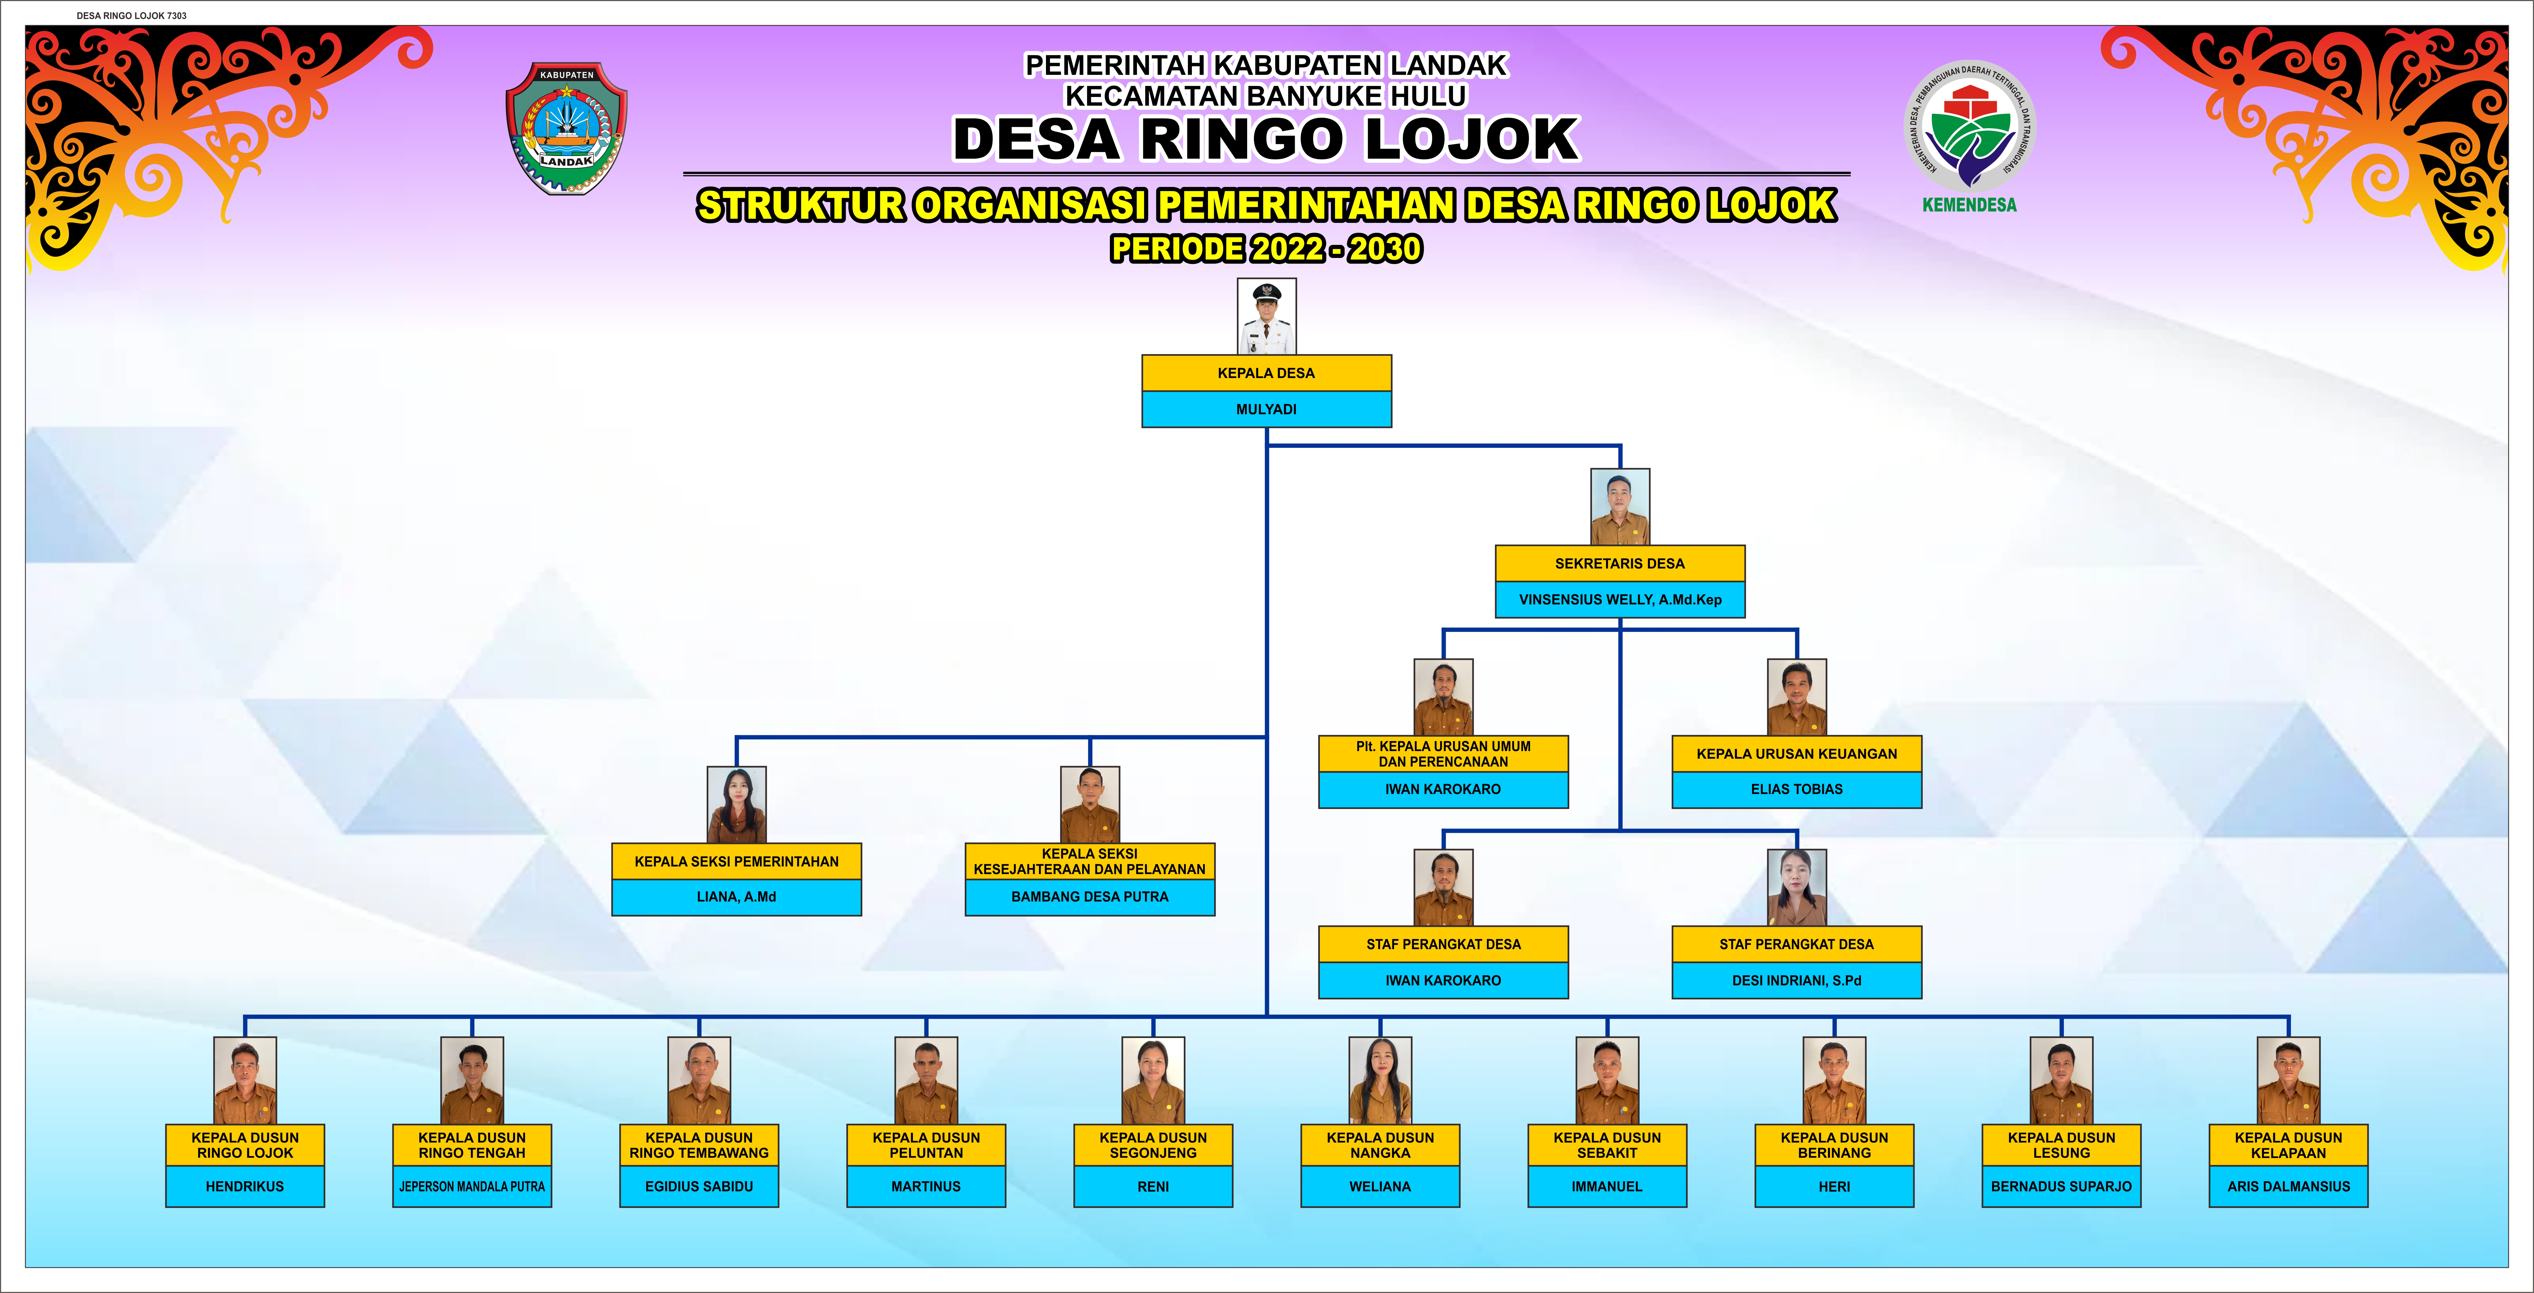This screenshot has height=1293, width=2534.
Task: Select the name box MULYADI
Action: coord(1266,409)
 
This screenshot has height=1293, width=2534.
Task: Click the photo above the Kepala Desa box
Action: coord(1266,316)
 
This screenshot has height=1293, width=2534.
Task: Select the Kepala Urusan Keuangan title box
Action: coord(1796,754)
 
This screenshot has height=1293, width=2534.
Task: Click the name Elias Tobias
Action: coord(1796,789)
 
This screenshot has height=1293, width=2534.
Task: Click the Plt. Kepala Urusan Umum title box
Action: coord(1443,754)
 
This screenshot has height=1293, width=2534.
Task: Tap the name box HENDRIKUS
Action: coord(245,1187)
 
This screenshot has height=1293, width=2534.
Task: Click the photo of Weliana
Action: coord(1380,1080)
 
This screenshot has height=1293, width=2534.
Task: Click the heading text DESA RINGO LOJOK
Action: coord(1266,139)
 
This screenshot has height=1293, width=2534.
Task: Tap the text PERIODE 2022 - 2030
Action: coord(1266,249)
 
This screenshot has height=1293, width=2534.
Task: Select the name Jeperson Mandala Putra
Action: coord(472,1187)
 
